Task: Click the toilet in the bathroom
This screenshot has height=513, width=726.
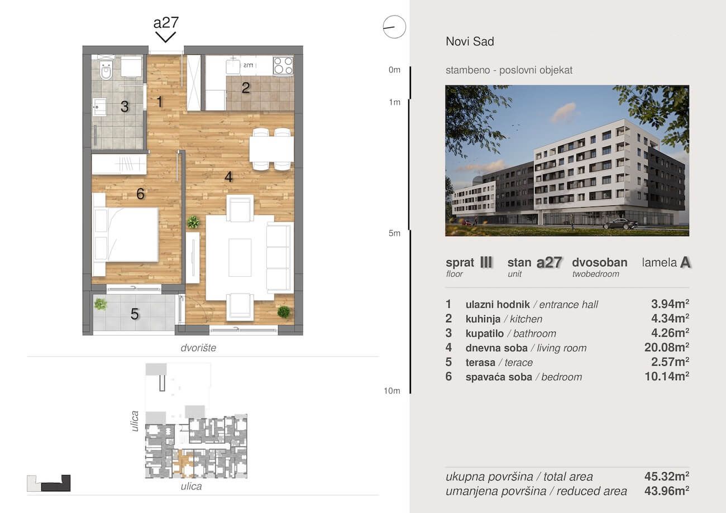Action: (106, 70)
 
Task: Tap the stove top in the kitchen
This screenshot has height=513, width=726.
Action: (283, 65)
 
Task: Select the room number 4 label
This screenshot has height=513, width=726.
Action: (228, 177)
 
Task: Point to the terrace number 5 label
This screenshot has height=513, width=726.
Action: (135, 314)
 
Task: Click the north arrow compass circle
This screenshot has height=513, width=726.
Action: (394, 27)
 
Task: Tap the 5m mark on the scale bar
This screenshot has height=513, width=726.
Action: (394, 233)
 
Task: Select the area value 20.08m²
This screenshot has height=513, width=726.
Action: (666, 348)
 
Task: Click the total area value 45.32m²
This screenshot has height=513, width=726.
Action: (666, 476)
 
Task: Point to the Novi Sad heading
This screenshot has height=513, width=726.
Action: (470, 41)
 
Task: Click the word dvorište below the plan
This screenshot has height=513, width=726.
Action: (198, 348)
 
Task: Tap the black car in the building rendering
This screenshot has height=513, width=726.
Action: (620, 224)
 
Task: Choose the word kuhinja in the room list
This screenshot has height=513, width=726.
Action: (483, 319)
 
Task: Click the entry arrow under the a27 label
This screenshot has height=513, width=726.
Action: (165, 37)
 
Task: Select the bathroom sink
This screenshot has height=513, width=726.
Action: (99, 107)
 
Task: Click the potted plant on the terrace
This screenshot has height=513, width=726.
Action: (101, 304)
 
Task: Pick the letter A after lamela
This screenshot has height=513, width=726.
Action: (685, 262)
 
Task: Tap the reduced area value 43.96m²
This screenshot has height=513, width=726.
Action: (666, 491)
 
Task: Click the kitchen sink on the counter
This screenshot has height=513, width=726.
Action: (233, 66)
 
